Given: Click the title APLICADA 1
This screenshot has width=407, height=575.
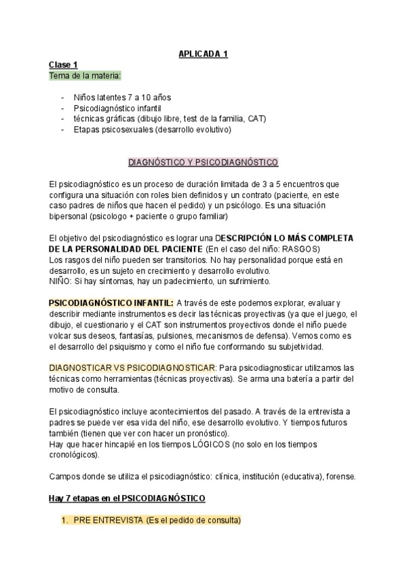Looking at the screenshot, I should pyautogui.click(x=203, y=54).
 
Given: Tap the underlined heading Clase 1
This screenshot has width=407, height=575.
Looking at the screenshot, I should pyautogui.click(x=63, y=64).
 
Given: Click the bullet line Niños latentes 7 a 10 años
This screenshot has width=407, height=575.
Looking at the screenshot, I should pyautogui.click(x=118, y=97).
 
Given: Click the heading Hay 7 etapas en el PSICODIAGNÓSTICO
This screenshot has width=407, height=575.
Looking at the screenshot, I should pyautogui.click(x=127, y=498).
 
